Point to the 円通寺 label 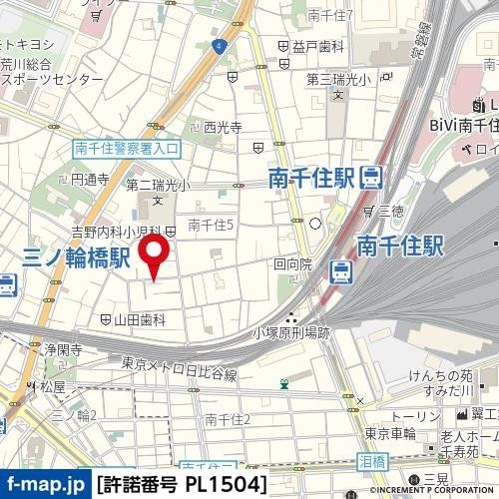pos(89,180)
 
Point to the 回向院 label pos(292,265)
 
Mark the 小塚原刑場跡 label pos(295,334)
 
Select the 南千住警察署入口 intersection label pos(127,148)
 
